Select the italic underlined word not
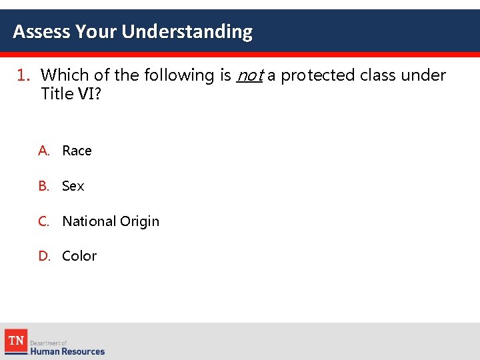[249, 75]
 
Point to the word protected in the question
[317, 75]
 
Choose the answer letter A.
[44, 151]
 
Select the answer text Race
[77, 151]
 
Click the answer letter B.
[44, 186]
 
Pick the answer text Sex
[73, 186]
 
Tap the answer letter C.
[44, 221]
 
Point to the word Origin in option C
[139, 221]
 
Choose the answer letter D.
[44, 256]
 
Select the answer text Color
[79, 256]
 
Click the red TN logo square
[16, 341]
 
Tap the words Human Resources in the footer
[67, 351]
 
